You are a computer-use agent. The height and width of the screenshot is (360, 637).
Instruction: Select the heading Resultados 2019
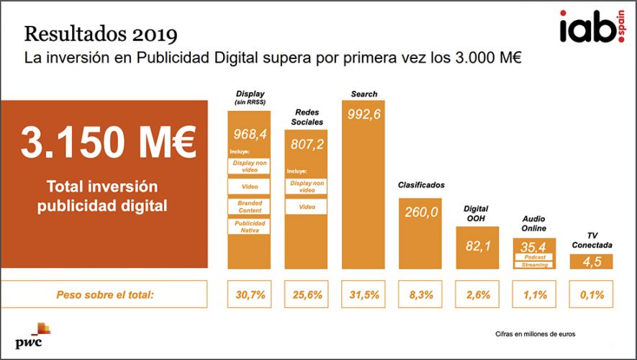click(x=101, y=34)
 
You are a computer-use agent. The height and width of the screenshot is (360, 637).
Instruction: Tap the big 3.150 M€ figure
click(x=108, y=143)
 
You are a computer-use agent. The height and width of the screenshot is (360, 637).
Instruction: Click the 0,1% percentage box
click(x=591, y=294)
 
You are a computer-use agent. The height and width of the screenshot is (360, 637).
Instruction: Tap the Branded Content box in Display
click(x=250, y=206)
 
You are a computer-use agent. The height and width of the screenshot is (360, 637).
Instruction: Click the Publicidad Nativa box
click(x=250, y=226)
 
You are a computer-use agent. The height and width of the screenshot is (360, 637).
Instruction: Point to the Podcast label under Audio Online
click(x=534, y=257)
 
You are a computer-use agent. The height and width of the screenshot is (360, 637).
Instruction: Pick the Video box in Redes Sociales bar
click(x=307, y=207)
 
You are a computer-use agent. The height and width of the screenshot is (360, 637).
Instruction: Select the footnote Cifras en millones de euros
click(x=535, y=334)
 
